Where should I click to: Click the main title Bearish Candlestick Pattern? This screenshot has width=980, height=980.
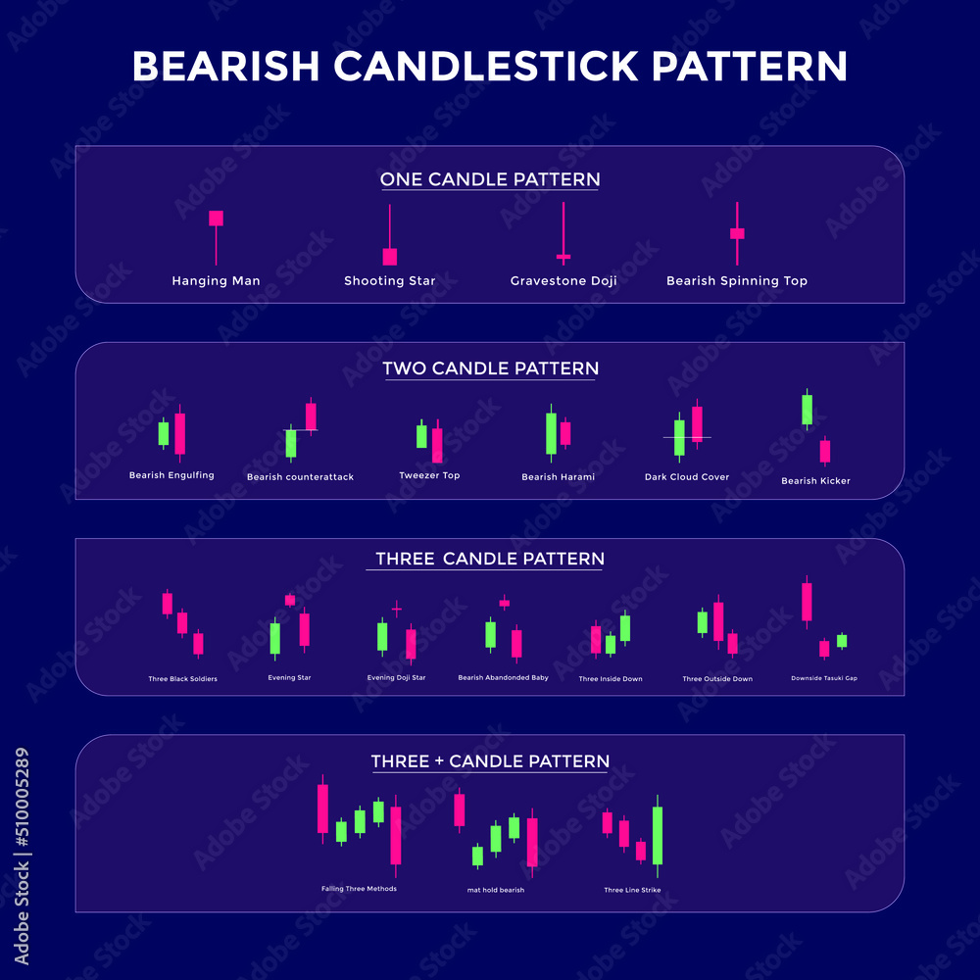pos(490,67)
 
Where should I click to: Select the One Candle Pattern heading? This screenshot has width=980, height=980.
pos(490,179)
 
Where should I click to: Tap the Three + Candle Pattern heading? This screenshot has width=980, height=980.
pos(490,761)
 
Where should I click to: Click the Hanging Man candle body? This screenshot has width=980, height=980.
pos(217,218)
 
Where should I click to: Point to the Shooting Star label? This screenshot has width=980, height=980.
pos(390,281)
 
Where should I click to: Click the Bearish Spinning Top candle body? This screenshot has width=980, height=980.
pos(737,233)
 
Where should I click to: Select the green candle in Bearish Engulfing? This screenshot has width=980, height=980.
pos(164,433)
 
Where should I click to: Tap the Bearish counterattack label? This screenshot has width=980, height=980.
pos(300,477)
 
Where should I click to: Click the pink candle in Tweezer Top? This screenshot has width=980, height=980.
pos(437,445)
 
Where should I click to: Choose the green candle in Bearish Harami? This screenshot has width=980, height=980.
pos(551,433)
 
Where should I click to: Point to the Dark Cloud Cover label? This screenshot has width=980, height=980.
pos(687,477)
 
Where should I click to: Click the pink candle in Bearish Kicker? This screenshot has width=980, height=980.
pos(825,451)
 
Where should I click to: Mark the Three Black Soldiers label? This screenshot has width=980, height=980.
pos(183,678)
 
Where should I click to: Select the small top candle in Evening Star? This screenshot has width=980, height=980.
pos(290,600)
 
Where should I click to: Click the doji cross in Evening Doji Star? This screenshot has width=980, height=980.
pos(397,610)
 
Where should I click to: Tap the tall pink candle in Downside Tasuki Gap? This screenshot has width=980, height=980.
pos(807,602)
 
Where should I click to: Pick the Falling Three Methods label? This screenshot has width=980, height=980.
pos(359,889)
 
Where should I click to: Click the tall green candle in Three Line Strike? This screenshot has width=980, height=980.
pos(658,835)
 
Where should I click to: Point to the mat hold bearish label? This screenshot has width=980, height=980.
pos(496,890)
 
